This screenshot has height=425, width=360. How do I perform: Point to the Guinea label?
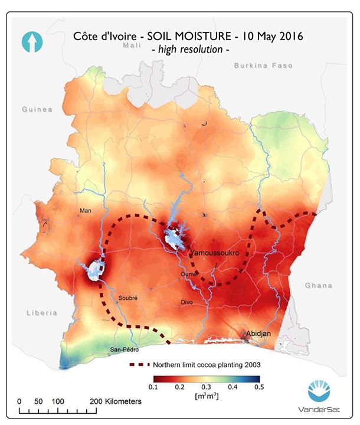point(37,109)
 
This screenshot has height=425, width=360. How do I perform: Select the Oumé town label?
point(189,274)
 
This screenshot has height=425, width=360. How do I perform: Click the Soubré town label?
point(127,298)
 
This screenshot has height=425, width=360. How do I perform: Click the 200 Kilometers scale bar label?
point(117,401)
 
